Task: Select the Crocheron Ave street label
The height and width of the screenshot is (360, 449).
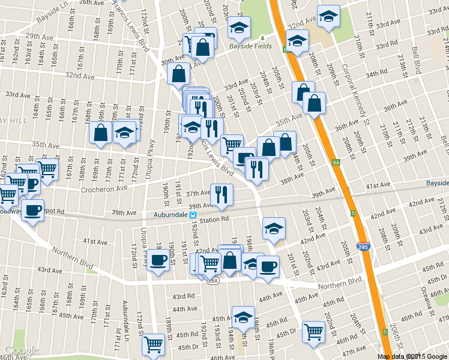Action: (104, 188)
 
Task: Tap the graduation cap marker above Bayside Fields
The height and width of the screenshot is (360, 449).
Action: (240, 27)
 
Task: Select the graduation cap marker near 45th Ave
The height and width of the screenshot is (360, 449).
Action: (243, 317)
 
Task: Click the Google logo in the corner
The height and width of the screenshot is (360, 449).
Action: (21, 350)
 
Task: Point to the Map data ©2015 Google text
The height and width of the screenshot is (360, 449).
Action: (412, 356)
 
